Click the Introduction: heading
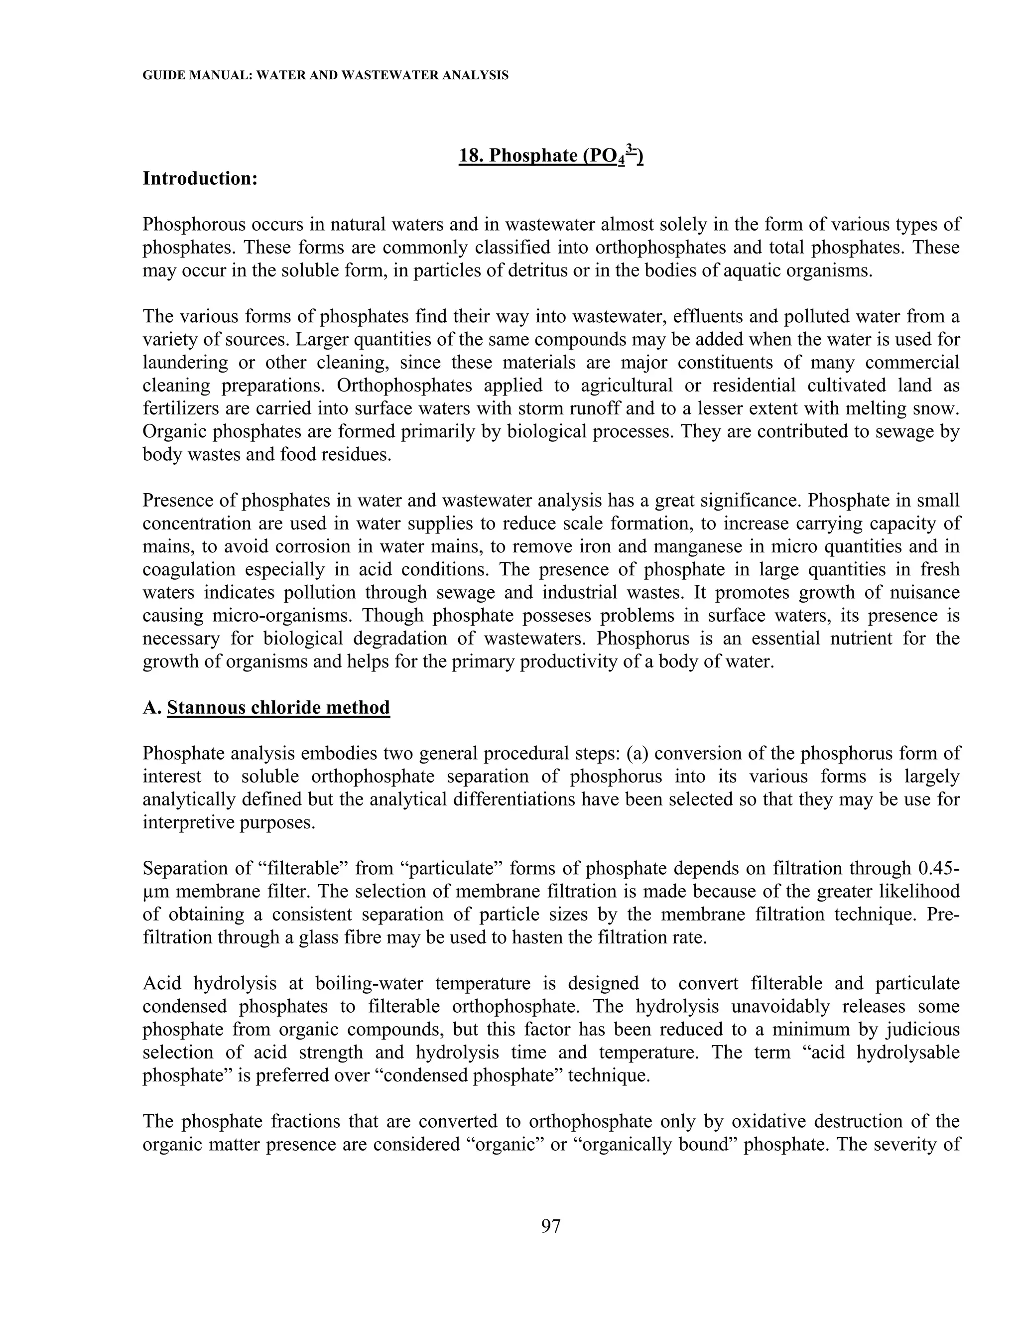point(200,179)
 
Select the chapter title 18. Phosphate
point(550,156)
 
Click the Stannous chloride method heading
point(278,707)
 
